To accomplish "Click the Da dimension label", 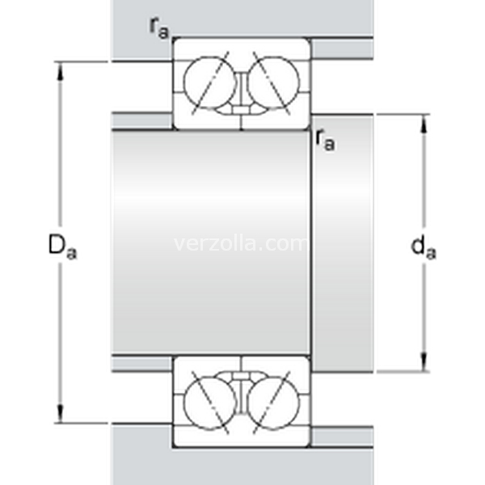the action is coord(62,247).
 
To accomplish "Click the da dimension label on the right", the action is coord(423,247).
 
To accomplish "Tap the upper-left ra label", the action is coord(159,28).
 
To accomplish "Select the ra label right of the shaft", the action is coord(326,140).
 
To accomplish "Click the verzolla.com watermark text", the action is coord(240,244).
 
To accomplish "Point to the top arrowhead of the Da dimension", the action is coord(60,71).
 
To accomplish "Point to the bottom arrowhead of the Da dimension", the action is coord(60,413).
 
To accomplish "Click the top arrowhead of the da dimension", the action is coord(424,124).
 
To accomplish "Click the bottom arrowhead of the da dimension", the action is coord(424,361).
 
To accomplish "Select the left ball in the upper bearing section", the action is coord(210,82).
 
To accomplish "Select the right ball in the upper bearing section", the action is coord(274,82).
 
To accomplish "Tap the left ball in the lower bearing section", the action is coord(210,403).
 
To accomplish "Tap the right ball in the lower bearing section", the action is coord(274,403).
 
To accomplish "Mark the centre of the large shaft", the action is coord(211,242).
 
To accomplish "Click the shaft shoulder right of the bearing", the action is coord(342,243).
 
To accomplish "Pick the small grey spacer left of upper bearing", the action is coord(141,121).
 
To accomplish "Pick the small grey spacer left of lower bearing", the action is coord(141,364).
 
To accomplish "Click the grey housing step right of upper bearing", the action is coord(342,48).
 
